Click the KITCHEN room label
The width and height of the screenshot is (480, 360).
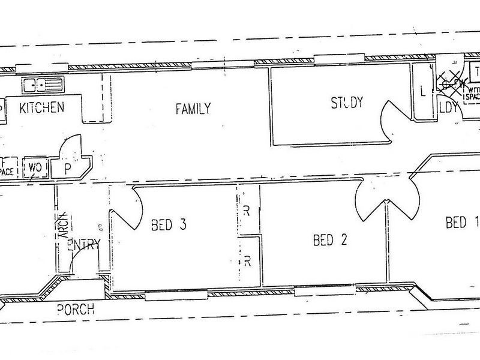(42, 108)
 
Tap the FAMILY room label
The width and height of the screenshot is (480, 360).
(193, 109)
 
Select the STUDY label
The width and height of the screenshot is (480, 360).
(347, 103)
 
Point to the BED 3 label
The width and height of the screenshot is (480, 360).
(169, 225)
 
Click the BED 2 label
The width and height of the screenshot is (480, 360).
(331, 241)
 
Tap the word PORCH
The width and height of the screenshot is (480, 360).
(76, 310)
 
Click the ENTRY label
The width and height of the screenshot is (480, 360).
(83, 244)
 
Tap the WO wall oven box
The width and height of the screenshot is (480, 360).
(35, 167)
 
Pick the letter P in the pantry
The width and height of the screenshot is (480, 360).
(68, 169)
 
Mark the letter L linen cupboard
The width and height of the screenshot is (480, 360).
(423, 92)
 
